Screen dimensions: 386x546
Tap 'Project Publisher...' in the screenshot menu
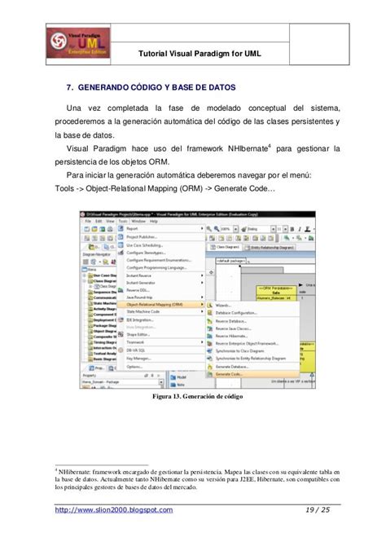tap(142, 236)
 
